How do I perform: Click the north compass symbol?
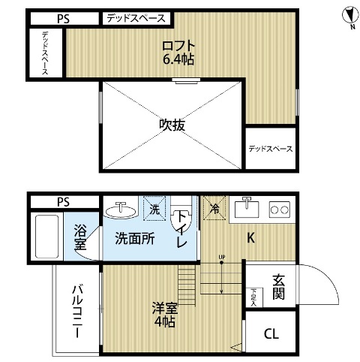(x=346, y=14)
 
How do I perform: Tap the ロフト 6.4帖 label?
(x=178, y=53)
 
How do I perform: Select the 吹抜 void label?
(x=172, y=125)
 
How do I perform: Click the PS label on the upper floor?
(x=63, y=18)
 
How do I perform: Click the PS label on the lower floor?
(x=63, y=201)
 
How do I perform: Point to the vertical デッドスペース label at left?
(x=46, y=52)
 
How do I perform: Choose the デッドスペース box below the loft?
(x=270, y=149)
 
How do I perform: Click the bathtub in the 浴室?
(x=46, y=235)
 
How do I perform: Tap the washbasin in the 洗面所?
(x=118, y=210)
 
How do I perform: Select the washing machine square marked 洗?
(x=154, y=209)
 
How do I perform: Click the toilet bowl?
(x=181, y=222)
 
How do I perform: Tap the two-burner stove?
(x=280, y=209)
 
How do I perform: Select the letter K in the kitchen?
(x=252, y=239)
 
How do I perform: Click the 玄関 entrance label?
(x=277, y=286)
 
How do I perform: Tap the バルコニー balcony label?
(x=77, y=310)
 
